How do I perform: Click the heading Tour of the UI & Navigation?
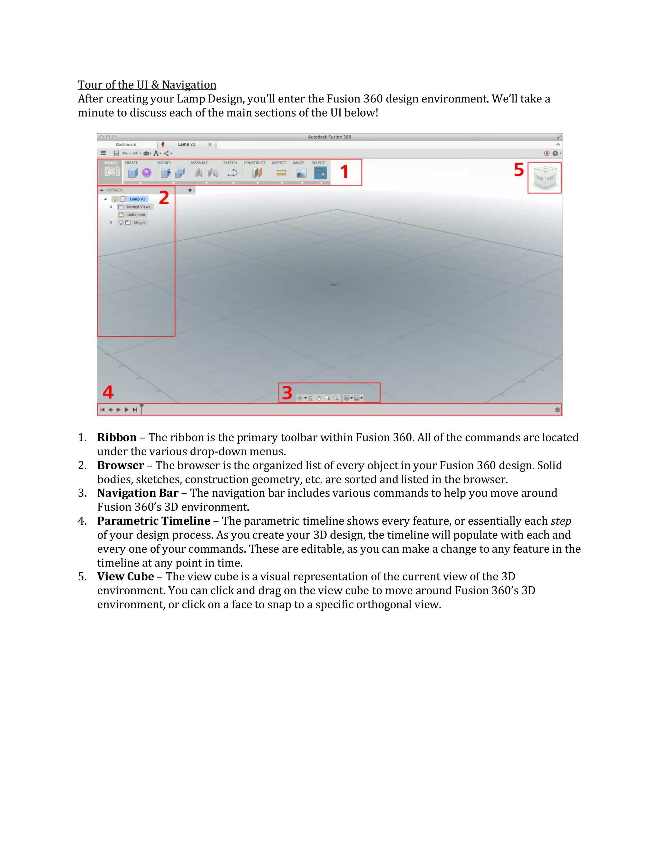pos(147,85)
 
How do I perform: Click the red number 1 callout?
pos(344,172)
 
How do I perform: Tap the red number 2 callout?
pos(164,198)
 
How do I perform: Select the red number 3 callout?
pos(287,393)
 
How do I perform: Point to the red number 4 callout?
pos(108,392)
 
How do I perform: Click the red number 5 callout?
pos(519,170)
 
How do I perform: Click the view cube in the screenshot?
pos(545,178)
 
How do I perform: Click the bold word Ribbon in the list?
pos(117,437)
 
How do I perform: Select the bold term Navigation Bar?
pos(138,493)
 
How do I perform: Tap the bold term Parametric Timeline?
pos(153,521)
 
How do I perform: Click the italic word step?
pos(561,521)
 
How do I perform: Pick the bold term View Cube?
pos(125,577)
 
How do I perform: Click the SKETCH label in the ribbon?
pos(230,163)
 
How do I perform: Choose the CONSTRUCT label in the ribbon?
pos(254,163)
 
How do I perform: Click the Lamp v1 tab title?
pos(187,144)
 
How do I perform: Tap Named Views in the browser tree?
pos(138,207)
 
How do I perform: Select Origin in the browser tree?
pos(139,222)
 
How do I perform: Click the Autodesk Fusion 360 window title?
pos(329,137)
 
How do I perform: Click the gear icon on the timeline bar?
pos(557,410)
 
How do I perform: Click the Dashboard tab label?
pos(126,145)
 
